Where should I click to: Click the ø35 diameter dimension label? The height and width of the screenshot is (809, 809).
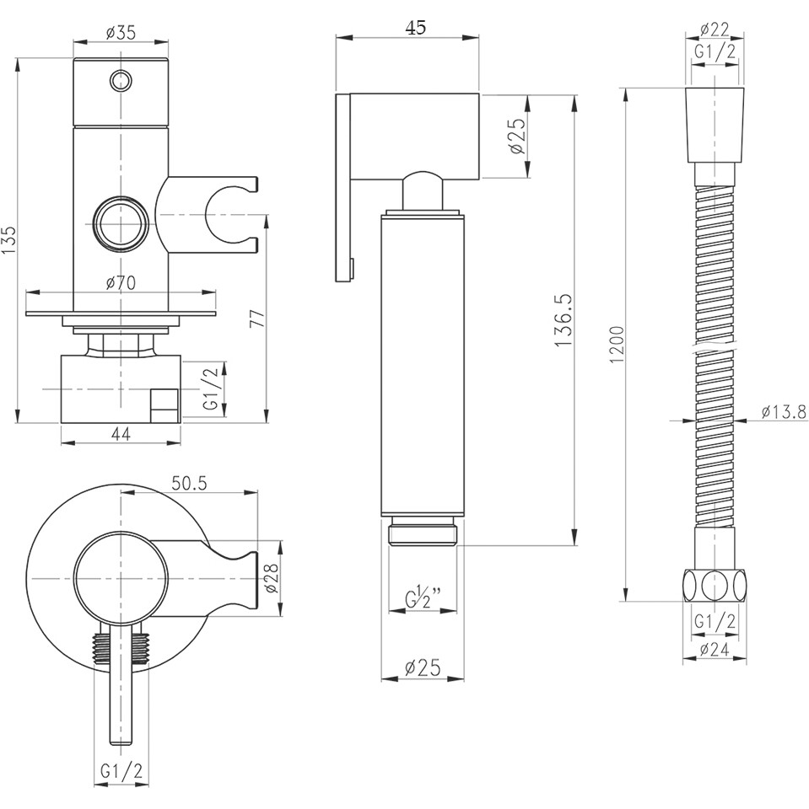(122, 33)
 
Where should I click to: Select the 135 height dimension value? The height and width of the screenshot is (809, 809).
(8, 240)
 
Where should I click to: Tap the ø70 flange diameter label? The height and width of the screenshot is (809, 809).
(121, 283)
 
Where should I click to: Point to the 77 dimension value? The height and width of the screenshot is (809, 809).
(257, 319)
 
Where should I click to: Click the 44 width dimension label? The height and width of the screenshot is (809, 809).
(121, 434)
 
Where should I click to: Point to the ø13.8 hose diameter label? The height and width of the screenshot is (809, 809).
(784, 412)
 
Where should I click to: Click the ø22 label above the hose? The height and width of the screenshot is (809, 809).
(715, 30)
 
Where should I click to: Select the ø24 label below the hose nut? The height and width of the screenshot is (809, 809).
(715, 650)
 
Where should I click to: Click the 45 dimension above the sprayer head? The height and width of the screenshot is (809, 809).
(414, 27)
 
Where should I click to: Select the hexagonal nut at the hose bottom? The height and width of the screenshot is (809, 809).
(715, 584)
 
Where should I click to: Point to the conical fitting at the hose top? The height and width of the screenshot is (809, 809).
(715, 122)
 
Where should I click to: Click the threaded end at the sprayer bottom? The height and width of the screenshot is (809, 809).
(423, 533)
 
